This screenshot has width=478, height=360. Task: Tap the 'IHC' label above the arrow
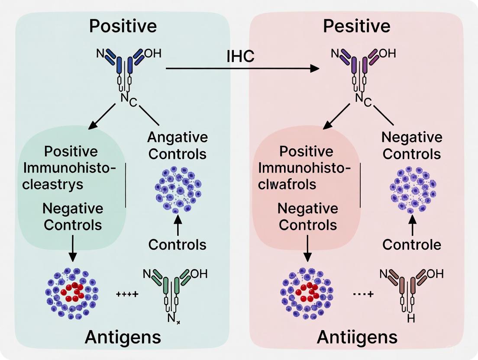[x=240, y=57]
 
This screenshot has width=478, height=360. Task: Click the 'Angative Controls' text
[x=177, y=145]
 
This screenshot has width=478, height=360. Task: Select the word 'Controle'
[x=412, y=245]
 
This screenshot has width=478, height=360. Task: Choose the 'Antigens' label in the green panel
[x=123, y=337]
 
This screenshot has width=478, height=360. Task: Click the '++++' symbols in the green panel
[x=127, y=294]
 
